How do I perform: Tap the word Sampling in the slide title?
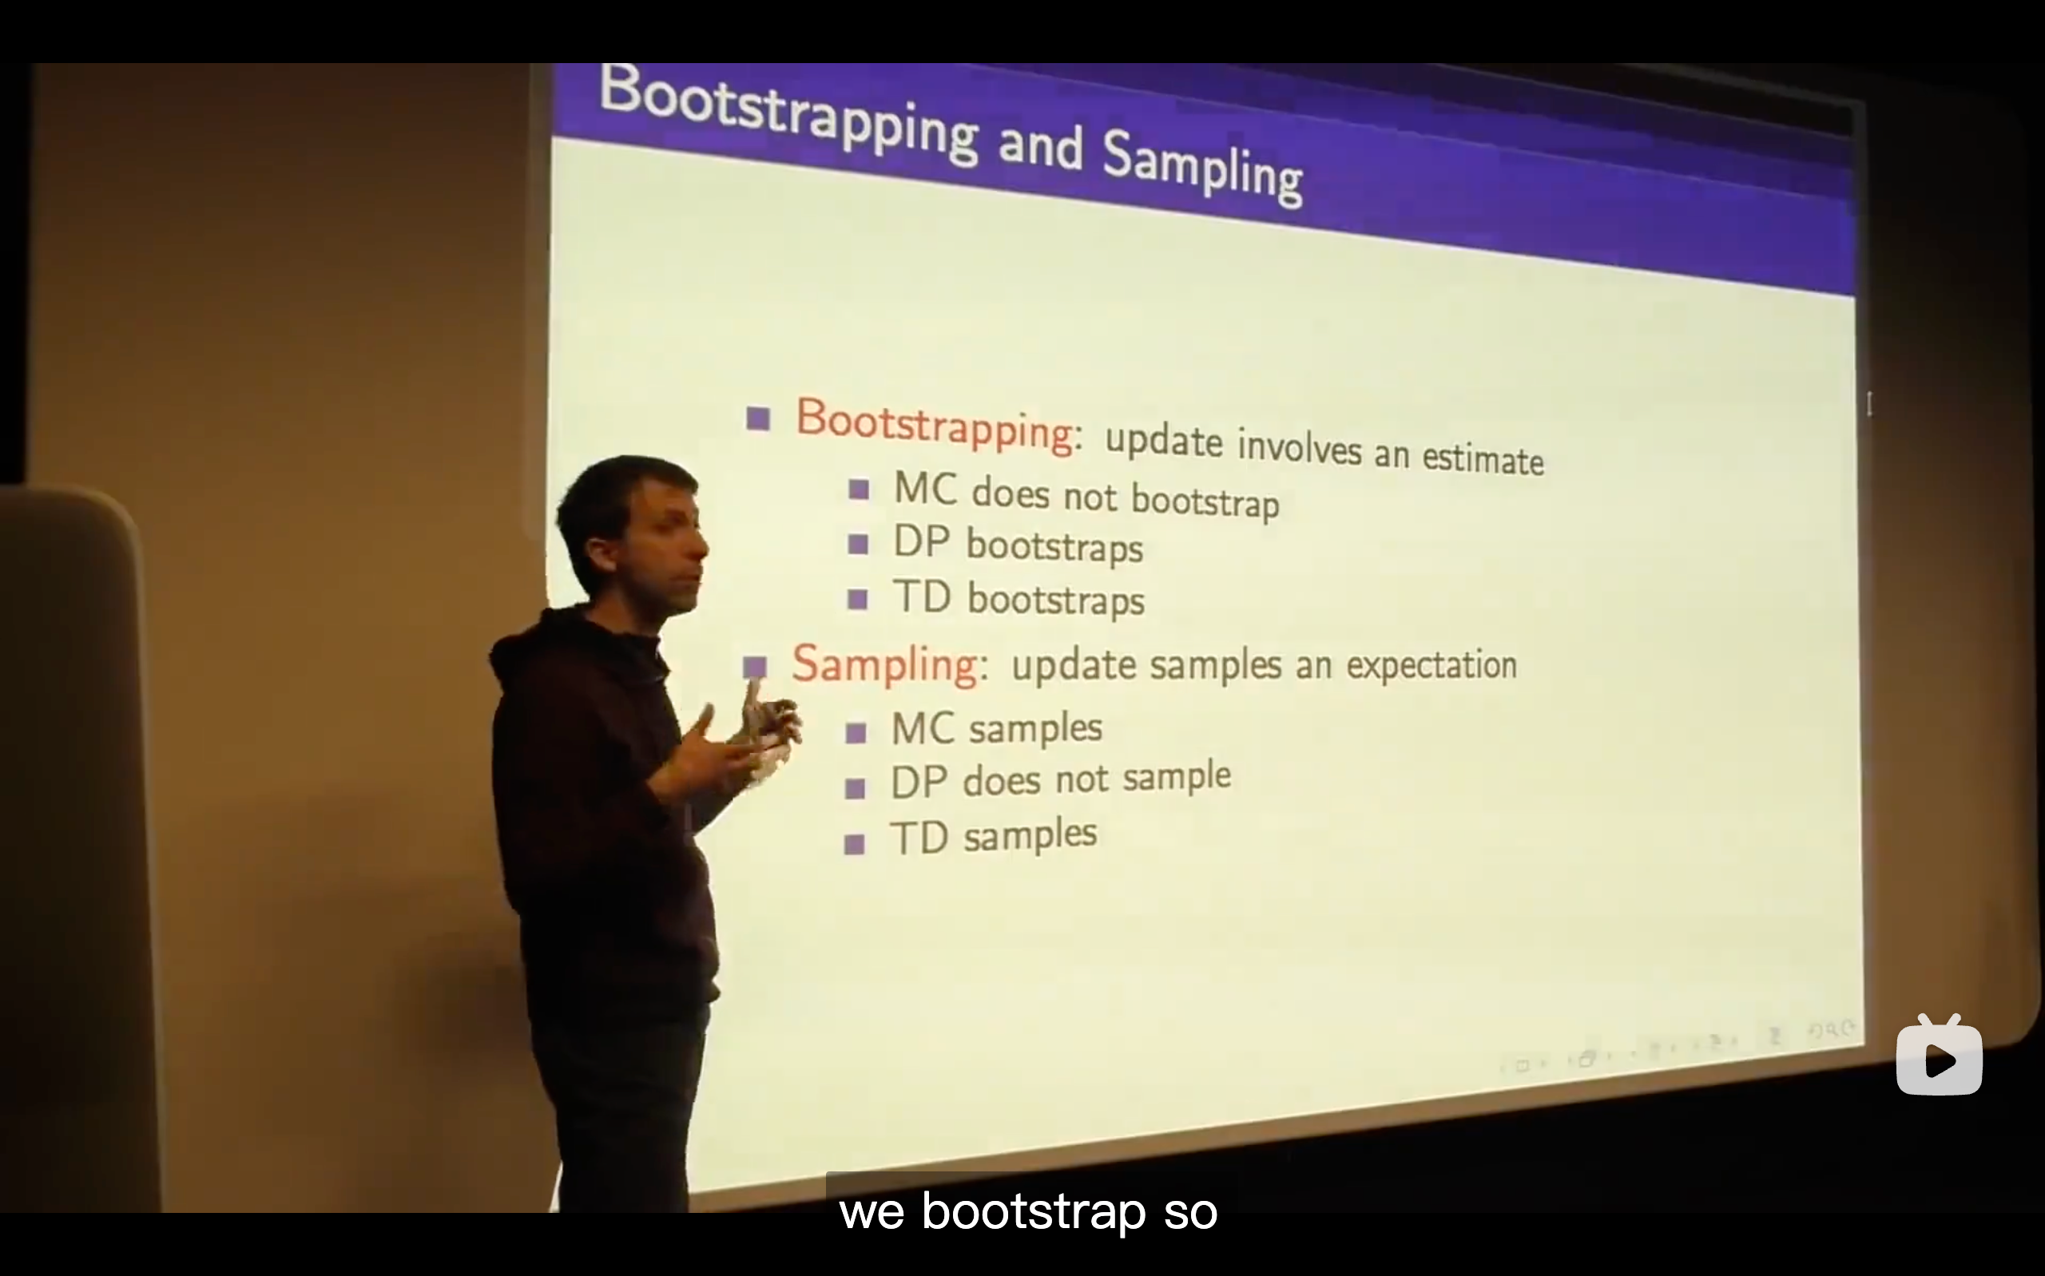tap(1202, 169)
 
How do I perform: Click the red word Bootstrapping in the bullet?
tap(935, 426)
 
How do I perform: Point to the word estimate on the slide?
tap(1483, 459)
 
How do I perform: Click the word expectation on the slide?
tap(1431, 665)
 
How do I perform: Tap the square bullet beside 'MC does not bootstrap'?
tap(860, 489)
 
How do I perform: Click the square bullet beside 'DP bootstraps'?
tap(859, 545)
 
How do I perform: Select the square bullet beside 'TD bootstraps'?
tap(857, 599)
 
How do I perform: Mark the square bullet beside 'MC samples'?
tap(856, 732)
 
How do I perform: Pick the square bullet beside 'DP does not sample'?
tap(855, 788)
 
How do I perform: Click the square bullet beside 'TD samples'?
tap(854, 844)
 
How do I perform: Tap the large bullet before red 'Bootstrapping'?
tap(758, 418)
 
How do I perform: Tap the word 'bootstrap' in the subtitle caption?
tap(1033, 1212)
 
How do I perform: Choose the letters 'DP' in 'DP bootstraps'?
tap(922, 543)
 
